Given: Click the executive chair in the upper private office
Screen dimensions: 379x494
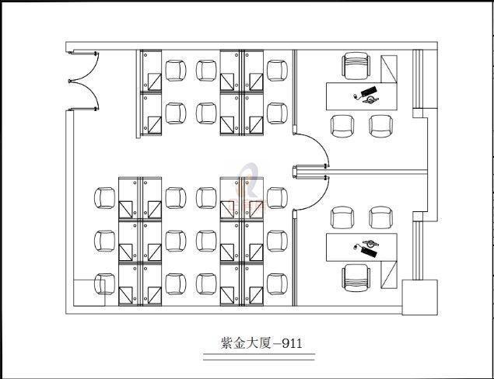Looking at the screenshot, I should point(357,65).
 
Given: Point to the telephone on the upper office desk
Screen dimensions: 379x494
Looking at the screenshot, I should point(366,95).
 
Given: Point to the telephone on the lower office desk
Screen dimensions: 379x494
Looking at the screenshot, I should point(366,247).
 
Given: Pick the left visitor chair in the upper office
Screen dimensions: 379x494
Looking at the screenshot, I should point(342,125).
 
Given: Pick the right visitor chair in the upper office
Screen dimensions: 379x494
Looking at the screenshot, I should point(380,125).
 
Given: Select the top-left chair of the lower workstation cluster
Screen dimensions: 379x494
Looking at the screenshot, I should point(104,197).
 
